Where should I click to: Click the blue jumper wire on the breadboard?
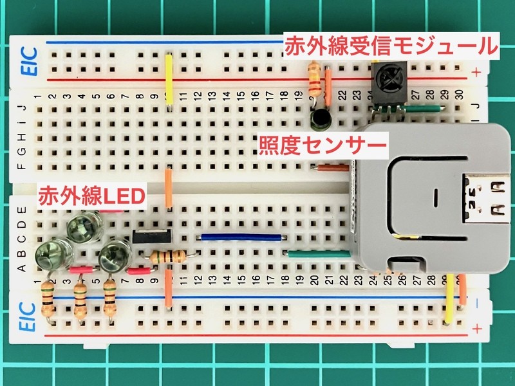click(241, 236)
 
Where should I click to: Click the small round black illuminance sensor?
click(319, 117)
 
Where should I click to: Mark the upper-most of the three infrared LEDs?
click(80, 226)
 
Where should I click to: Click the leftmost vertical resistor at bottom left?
click(48, 299)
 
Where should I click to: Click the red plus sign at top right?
click(476, 72)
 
